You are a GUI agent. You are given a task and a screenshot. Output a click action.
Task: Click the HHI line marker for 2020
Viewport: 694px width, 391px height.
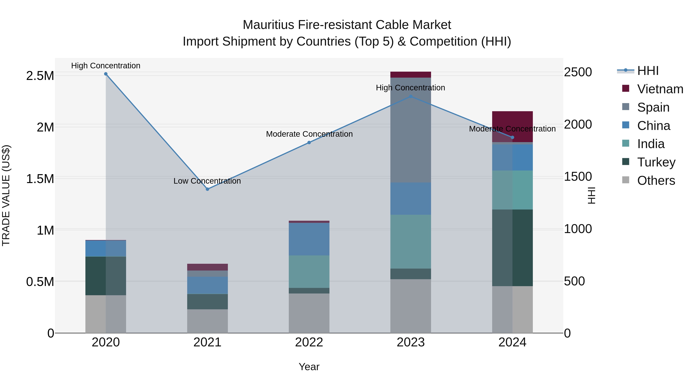[106, 74]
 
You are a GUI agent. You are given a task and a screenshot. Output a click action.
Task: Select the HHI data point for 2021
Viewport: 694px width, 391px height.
[207, 189]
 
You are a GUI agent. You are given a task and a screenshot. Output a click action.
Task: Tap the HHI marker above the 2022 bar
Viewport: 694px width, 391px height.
[309, 142]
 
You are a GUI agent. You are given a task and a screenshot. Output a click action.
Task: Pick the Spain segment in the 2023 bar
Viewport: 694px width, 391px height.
[411, 130]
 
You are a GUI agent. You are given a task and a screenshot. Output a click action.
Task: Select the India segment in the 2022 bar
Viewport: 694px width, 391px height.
[309, 271]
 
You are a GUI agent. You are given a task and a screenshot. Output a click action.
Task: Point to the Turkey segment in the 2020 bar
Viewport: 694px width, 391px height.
[106, 276]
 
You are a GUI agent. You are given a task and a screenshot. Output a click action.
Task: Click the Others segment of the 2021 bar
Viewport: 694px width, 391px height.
[207, 321]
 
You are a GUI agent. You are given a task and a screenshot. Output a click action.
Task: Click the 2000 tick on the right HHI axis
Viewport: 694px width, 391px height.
[578, 124]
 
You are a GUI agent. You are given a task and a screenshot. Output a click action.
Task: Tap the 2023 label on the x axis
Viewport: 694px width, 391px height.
[411, 342]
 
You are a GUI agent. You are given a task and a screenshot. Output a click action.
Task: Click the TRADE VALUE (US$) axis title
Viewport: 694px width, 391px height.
[6, 195]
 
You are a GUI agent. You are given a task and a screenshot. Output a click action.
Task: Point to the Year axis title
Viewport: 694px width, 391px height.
[309, 367]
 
